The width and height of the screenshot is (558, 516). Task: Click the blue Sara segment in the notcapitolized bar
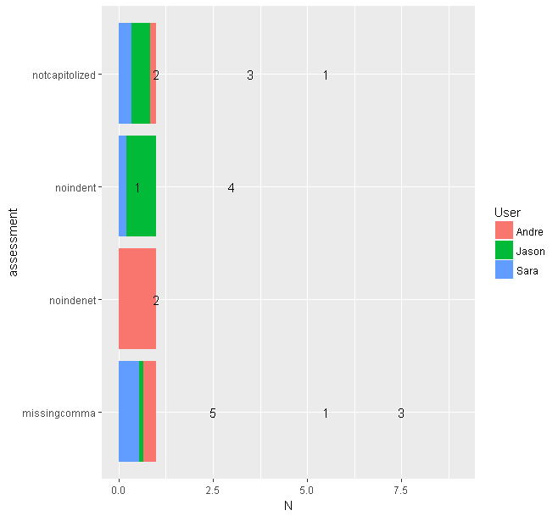[x=125, y=74]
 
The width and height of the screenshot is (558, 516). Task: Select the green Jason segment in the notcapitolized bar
[x=141, y=74]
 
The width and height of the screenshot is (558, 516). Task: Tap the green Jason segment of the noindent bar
[x=142, y=186]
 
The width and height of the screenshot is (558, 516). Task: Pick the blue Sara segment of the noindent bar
[x=122, y=186]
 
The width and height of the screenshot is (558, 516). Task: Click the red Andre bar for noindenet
[x=137, y=298]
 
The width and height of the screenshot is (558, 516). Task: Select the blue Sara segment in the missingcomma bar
[x=128, y=411]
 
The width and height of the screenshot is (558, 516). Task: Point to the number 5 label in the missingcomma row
[x=213, y=413]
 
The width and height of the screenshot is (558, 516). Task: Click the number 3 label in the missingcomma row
[x=400, y=413]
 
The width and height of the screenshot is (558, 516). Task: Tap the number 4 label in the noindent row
[x=231, y=187]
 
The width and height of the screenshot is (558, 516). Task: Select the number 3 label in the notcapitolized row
[x=250, y=75]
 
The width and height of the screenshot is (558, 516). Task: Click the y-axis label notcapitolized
[x=64, y=75]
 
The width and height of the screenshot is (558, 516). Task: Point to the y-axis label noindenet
[x=73, y=300]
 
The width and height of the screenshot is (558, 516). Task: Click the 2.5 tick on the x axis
[x=213, y=490]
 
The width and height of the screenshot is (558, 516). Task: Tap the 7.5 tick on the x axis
[x=401, y=490]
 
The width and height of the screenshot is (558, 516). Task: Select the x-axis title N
[x=287, y=507]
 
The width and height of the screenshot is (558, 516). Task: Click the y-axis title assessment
[x=12, y=242]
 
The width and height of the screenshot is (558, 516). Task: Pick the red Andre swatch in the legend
[x=504, y=231]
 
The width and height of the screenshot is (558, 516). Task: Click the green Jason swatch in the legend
[x=504, y=251]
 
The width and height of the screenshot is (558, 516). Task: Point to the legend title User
[x=506, y=212]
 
